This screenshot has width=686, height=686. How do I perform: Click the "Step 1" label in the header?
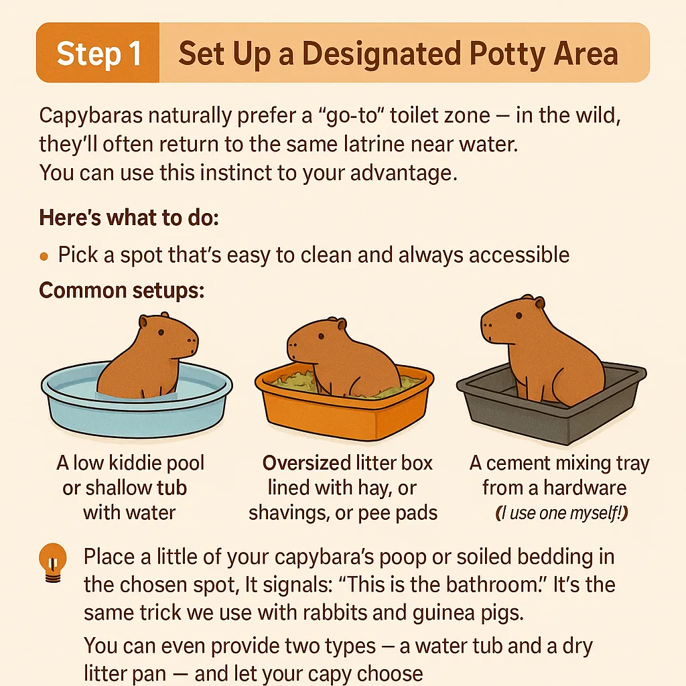(98, 54)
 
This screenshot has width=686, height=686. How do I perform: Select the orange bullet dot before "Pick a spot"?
(44, 256)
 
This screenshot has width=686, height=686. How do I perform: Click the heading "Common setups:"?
(121, 291)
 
